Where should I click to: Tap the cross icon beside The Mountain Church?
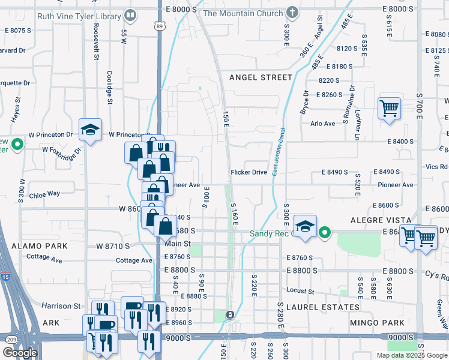coord(292,12)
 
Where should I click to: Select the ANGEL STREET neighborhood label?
coord(261,77)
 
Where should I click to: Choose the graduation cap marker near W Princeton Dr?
coord(90,130)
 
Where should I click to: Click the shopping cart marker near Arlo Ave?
coord(389,109)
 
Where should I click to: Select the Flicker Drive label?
coord(249,172)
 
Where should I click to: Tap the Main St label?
coord(178,244)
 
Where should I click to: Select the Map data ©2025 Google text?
coord(411,355)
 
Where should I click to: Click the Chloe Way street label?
coord(44,194)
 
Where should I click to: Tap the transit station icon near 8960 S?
coord(229,315)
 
